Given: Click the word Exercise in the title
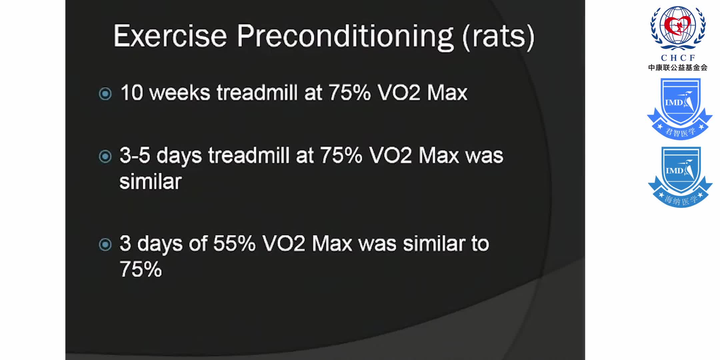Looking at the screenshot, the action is click(170, 36).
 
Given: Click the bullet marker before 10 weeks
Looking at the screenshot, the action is click(105, 94).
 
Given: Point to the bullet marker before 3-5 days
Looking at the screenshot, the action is click(105, 156).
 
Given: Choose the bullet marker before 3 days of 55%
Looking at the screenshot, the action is click(105, 244).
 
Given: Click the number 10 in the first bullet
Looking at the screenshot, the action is click(132, 92).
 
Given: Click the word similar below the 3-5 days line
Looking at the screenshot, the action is click(150, 181).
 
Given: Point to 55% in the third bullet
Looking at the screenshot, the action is click(234, 243).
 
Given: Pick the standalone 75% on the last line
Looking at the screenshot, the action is click(141, 269).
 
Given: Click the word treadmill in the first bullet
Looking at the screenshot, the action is click(257, 92).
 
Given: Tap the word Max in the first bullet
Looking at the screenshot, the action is click(447, 92).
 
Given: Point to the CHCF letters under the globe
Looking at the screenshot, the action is click(678, 58).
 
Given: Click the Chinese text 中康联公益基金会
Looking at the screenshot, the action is click(678, 68).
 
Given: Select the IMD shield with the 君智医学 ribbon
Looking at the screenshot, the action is click(680, 109).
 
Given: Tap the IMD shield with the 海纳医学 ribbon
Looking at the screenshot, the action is click(680, 177).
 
